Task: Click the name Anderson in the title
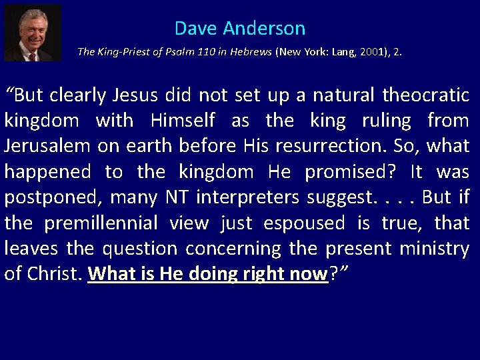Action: click(x=264, y=28)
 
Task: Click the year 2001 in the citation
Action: click(x=373, y=51)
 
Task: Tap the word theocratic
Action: click(x=426, y=95)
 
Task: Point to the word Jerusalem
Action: click(x=45, y=146)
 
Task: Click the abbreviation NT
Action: click(x=181, y=197)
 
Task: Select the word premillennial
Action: click(x=101, y=223)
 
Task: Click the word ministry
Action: click(x=434, y=248)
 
